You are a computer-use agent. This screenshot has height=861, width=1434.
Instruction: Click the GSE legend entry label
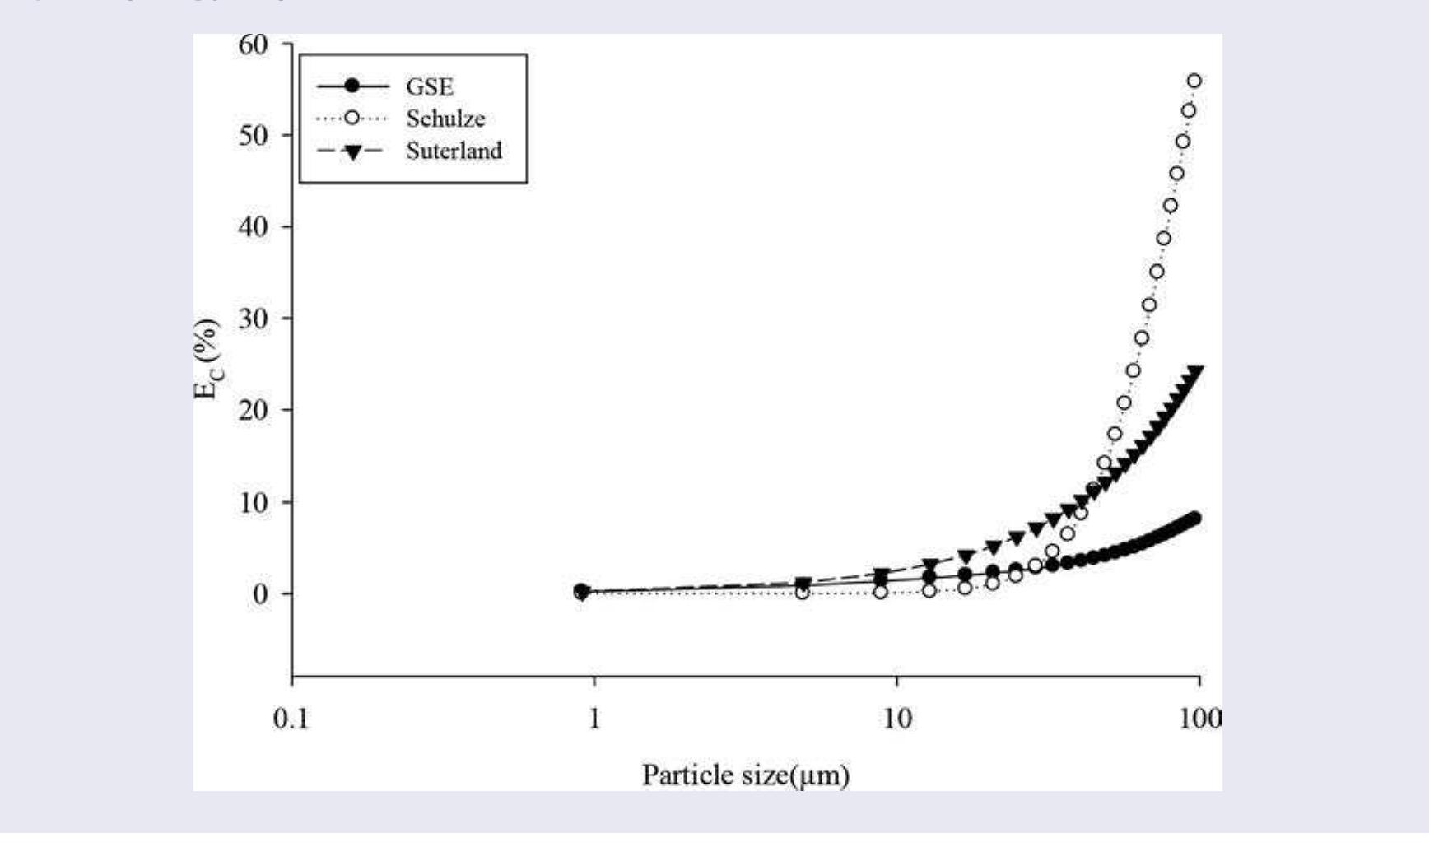[429, 86]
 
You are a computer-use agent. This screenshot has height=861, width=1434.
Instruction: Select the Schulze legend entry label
[445, 119]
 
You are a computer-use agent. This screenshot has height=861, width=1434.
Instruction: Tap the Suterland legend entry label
[454, 151]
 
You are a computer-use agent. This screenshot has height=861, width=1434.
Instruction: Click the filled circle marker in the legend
[352, 86]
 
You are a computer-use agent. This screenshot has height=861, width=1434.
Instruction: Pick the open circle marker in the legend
[352, 119]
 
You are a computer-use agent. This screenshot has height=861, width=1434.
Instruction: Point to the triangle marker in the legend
[352, 152]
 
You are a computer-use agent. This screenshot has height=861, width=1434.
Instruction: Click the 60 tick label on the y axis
[254, 44]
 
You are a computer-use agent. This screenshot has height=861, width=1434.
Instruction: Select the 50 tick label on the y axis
[254, 135]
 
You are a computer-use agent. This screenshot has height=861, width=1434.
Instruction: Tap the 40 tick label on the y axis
[254, 226]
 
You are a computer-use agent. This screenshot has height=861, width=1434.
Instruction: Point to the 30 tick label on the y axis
[254, 319]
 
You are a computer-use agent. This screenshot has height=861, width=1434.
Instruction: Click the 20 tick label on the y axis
[254, 410]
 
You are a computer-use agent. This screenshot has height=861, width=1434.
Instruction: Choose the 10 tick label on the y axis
[254, 502]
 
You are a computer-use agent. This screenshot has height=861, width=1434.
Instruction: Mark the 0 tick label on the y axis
[261, 593]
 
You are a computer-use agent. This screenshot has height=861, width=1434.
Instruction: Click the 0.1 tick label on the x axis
[291, 719]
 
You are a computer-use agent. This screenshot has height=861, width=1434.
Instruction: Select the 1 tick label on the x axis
[594, 719]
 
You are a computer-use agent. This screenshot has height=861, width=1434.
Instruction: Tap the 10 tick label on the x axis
[897, 719]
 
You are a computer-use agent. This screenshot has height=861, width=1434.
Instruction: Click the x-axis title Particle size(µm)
[745, 775]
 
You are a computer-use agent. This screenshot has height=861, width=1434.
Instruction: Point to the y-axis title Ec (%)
[207, 359]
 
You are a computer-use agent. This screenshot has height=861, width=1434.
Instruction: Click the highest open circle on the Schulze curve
[1194, 81]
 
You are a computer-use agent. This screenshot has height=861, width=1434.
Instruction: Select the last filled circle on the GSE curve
[1194, 517]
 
